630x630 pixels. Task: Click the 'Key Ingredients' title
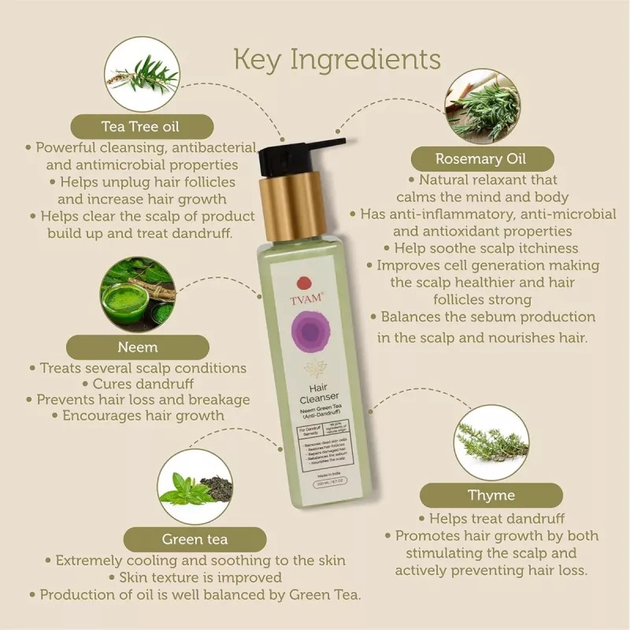pyautogui.click(x=337, y=59)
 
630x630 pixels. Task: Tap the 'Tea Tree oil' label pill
pyautogui.click(x=142, y=127)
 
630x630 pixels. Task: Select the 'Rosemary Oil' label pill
pyautogui.click(x=480, y=158)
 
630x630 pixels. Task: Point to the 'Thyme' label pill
pyautogui.click(x=491, y=495)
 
